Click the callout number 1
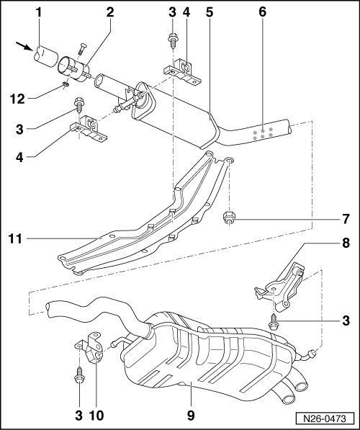39,12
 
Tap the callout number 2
110,12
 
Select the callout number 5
210,12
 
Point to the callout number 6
262,12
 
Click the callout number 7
346,219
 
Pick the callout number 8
346,243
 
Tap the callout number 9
191,416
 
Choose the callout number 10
96,416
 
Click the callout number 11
15,239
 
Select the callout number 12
17,99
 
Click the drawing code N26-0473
325,418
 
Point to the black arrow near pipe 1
24,46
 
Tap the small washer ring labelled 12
66,84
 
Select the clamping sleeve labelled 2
73,68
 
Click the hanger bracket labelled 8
281,287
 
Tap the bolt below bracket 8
274,321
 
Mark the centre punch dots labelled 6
262,133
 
